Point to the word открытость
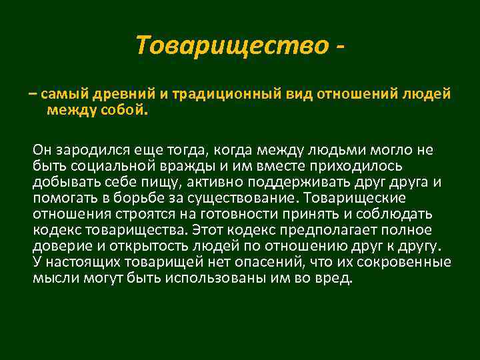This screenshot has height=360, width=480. [x=143, y=246]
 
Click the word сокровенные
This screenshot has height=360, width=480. [x=399, y=262]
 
